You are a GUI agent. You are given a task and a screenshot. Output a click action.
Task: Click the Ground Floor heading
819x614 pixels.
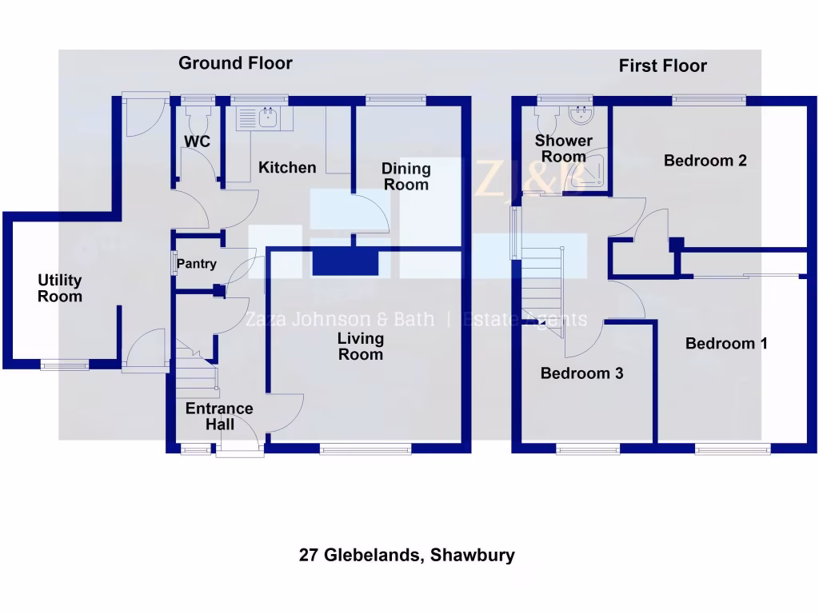(x=235, y=63)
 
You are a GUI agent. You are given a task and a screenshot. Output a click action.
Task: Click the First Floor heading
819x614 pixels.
(x=662, y=66)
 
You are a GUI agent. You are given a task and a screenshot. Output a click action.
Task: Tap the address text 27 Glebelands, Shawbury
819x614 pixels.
(x=406, y=555)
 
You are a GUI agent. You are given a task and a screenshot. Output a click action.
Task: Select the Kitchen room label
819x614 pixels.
(x=287, y=168)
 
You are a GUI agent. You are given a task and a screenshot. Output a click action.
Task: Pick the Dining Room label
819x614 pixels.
(x=406, y=177)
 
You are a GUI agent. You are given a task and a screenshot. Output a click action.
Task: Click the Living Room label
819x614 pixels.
(x=361, y=346)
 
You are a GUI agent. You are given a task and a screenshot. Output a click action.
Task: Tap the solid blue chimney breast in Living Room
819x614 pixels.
(x=345, y=262)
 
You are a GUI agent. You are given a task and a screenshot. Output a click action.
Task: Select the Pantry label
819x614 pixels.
(x=197, y=264)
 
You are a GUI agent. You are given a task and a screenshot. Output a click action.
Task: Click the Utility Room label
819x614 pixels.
(x=60, y=289)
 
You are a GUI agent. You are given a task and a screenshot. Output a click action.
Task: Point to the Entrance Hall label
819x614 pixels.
(x=219, y=417)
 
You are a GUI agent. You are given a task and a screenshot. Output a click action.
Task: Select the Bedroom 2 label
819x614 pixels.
(x=705, y=161)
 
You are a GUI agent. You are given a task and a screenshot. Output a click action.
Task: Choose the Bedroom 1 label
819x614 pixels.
(x=726, y=344)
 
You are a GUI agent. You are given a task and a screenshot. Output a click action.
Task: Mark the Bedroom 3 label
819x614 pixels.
(x=581, y=373)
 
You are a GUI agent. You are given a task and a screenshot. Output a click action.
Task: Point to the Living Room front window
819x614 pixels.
(x=366, y=450)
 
